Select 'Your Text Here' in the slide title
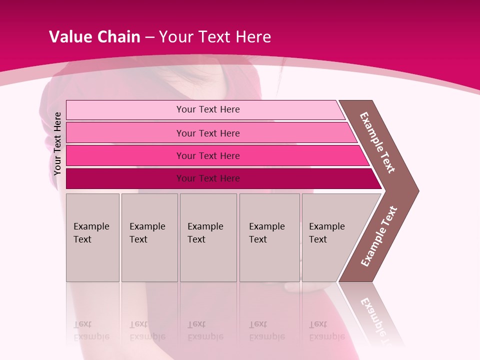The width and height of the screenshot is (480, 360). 215,37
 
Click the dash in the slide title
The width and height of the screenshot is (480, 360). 149,37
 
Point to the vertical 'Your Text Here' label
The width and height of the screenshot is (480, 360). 57,143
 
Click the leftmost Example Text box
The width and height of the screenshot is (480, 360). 92,237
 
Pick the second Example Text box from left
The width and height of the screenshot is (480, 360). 149,237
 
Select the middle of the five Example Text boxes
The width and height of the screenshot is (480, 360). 208,237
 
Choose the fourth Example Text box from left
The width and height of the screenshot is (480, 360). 269,237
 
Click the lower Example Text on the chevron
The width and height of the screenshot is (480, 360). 379,236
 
